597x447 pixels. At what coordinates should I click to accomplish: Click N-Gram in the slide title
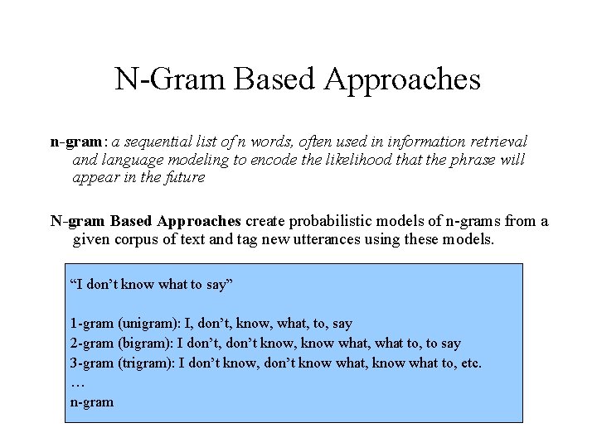(x=170, y=79)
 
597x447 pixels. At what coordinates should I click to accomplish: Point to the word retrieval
(x=498, y=142)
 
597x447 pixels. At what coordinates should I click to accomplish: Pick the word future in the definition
(x=184, y=177)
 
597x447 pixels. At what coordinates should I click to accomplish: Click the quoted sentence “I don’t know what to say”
(x=152, y=285)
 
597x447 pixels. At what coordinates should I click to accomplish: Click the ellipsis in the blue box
(x=78, y=382)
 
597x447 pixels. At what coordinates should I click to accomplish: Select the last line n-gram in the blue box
(x=91, y=402)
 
